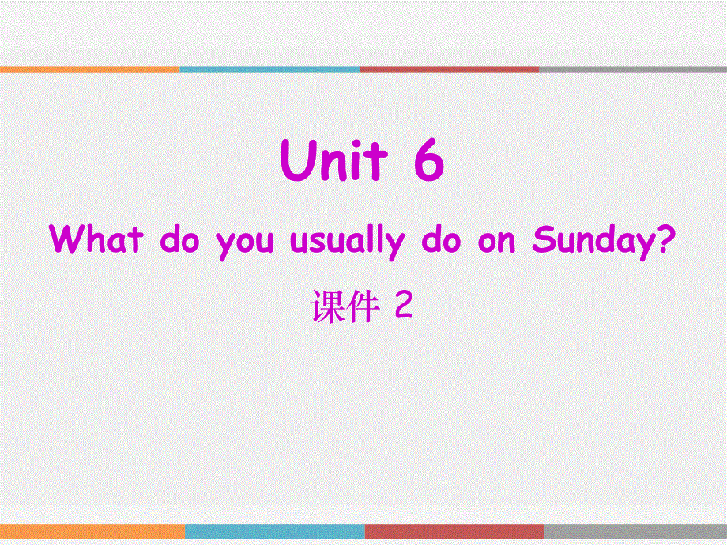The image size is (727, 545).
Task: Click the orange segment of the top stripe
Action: pos(90,70)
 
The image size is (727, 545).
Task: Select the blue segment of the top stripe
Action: pos(269,70)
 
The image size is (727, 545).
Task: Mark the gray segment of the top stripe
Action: pos(632,70)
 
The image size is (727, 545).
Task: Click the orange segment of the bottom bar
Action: pos(92,532)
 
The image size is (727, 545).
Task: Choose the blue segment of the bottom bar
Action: pos(274,532)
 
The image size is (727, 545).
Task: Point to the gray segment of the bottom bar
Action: pos(635,532)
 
